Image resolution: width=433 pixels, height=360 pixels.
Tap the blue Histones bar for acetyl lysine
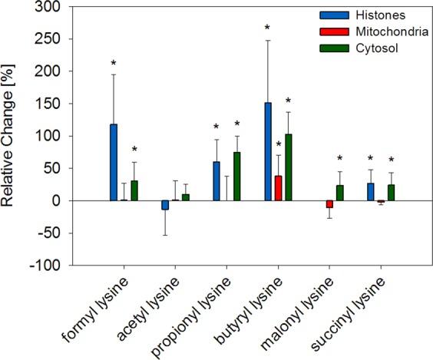pos(165,205)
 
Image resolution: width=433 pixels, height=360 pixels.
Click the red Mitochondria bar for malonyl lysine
pos(330,204)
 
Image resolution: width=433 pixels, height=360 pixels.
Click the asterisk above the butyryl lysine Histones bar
pos(267,28)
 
